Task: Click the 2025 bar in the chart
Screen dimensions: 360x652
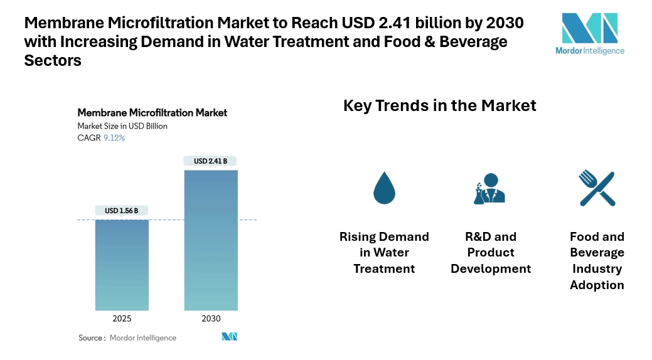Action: [122, 265]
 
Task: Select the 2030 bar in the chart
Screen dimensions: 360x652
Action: [211, 240]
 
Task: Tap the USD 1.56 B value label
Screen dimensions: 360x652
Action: [122, 211]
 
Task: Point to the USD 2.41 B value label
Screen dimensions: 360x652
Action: [211, 161]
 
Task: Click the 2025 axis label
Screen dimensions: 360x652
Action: [122, 319]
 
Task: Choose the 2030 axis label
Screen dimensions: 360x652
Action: [211, 319]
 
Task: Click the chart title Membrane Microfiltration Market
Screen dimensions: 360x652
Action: [152, 113]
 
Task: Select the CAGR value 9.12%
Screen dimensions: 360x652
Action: [114, 138]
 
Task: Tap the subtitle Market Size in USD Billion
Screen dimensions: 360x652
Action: [122, 126]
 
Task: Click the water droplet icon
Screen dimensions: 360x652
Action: [384, 188]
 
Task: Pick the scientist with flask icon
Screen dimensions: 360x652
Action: [489, 188]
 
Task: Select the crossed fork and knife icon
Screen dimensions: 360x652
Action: [597, 188]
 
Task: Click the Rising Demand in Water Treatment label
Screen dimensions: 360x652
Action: [384, 253]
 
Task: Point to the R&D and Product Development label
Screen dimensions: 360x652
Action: [491, 253]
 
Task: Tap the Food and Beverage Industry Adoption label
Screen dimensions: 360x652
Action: [597, 260]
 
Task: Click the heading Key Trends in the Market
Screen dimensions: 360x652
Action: [439, 105]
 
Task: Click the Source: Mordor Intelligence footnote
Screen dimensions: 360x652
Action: [127, 338]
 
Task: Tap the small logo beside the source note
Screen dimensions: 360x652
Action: [230, 337]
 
